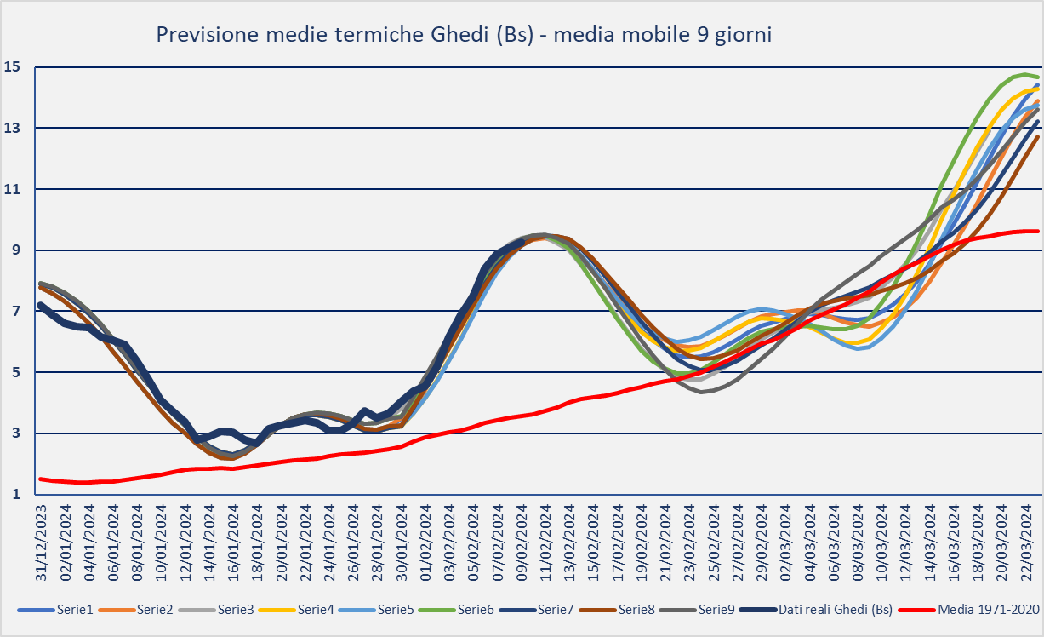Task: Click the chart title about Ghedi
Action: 464,35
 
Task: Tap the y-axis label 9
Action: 14,250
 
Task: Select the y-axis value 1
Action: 14,494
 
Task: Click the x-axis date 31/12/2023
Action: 41,541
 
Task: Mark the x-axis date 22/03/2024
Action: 1026,541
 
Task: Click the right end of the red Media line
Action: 1037,231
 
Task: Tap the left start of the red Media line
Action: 41,479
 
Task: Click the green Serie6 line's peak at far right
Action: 1021,75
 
